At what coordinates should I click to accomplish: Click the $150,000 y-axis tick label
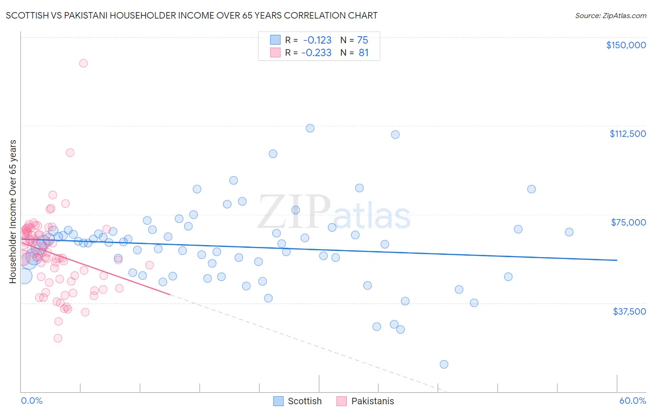coord(626,45)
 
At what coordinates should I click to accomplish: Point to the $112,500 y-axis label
coord(627,134)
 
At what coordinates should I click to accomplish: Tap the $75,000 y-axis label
coord(628,222)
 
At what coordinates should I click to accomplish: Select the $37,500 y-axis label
coord(629,311)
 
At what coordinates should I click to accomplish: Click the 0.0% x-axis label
coord(32,401)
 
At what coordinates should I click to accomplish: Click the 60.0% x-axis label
coord(633,401)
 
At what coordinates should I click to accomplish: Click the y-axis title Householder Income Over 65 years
coord(13,211)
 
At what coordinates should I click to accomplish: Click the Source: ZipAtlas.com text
coord(610,15)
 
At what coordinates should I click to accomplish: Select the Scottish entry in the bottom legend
coord(304,401)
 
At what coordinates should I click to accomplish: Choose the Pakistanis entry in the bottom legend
coord(372,401)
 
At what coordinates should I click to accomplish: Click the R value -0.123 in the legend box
coord(317,40)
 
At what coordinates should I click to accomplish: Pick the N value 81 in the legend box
coord(364,53)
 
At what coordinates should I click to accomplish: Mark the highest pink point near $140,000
coord(83,63)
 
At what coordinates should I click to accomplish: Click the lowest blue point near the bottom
coord(444,364)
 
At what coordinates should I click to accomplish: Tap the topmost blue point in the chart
coord(310,128)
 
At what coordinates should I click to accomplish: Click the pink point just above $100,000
coord(70,152)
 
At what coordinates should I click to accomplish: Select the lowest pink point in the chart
coord(58,338)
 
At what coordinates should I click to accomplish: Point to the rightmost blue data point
coord(569,232)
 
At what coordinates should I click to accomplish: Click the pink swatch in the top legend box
coord(275,52)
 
